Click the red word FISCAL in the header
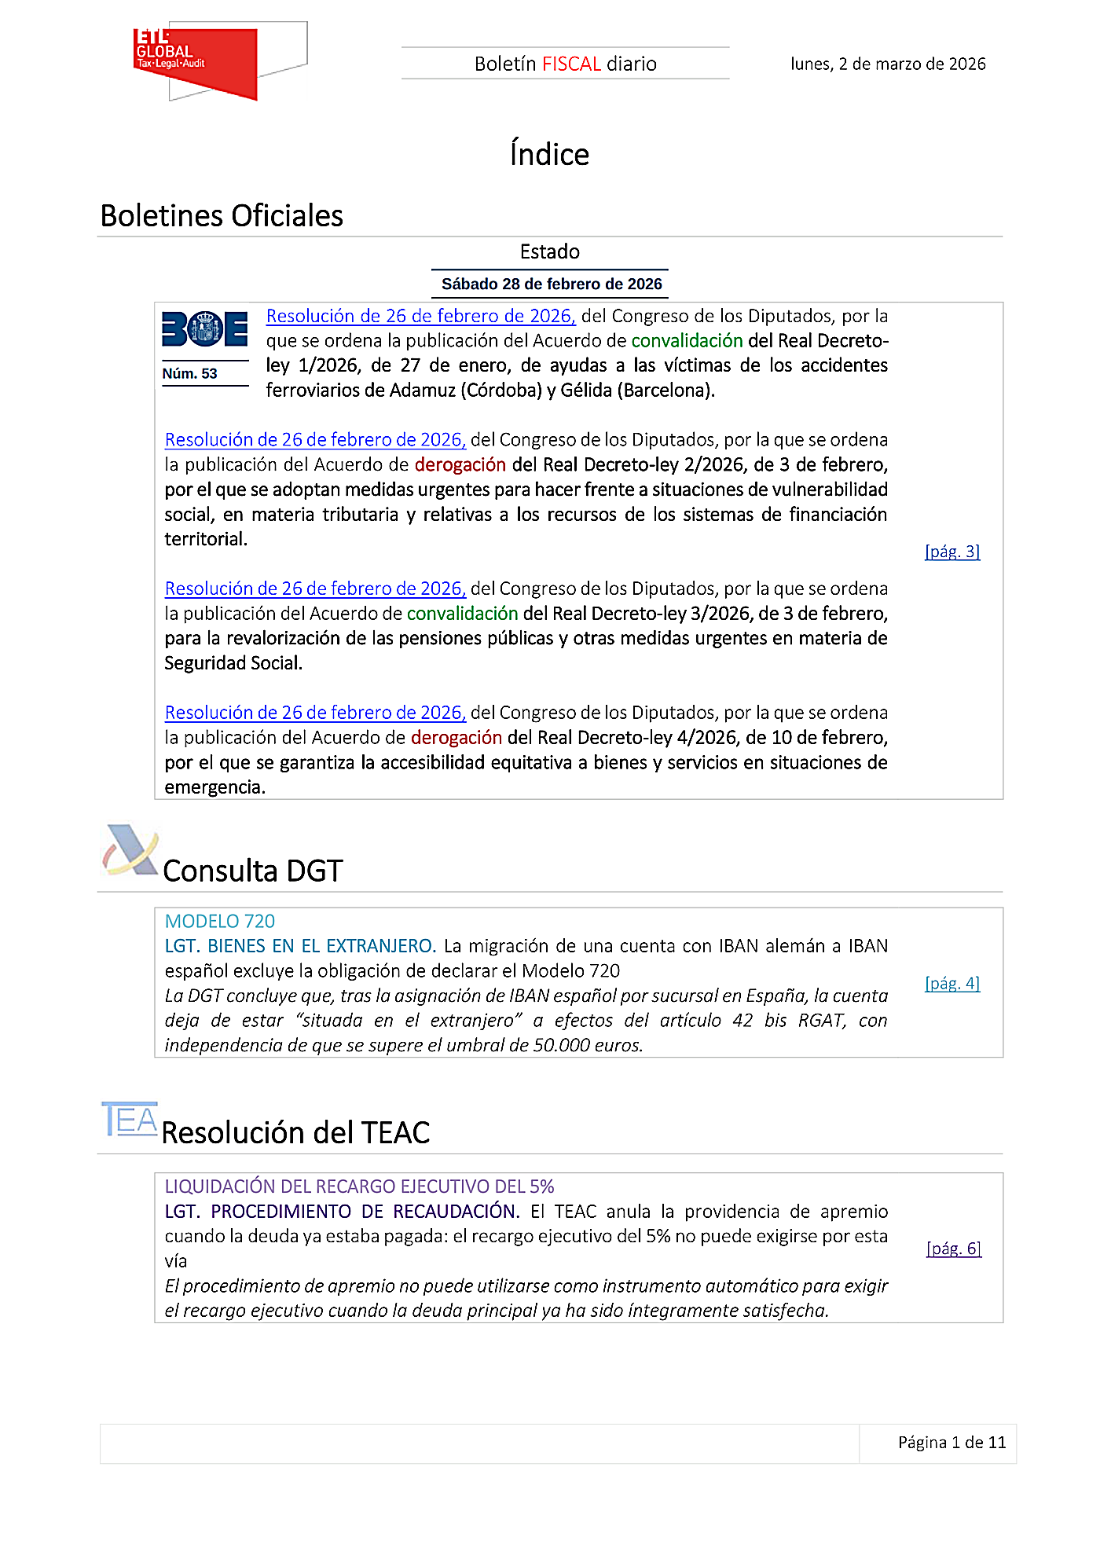coord(571,64)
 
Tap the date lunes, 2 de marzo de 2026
coord(888,64)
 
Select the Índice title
coord(549,154)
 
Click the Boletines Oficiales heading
coord(222,216)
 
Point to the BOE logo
coord(204,329)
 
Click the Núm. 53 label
coord(189,373)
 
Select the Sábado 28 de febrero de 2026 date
coord(551,284)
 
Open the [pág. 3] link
coord(952,552)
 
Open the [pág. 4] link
coord(952,983)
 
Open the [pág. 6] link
coord(954,1249)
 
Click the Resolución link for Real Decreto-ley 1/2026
coord(420,316)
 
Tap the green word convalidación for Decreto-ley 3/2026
coord(462,614)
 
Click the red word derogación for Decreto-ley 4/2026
coord(456,738)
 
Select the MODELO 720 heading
coord(220,921)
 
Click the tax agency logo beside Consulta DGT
coord(130,850)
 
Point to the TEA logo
coord(130,1119)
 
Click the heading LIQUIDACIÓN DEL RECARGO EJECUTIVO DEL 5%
coord(359,1186)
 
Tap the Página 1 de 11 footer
coord(951,1443)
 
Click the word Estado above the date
coord(550,252)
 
